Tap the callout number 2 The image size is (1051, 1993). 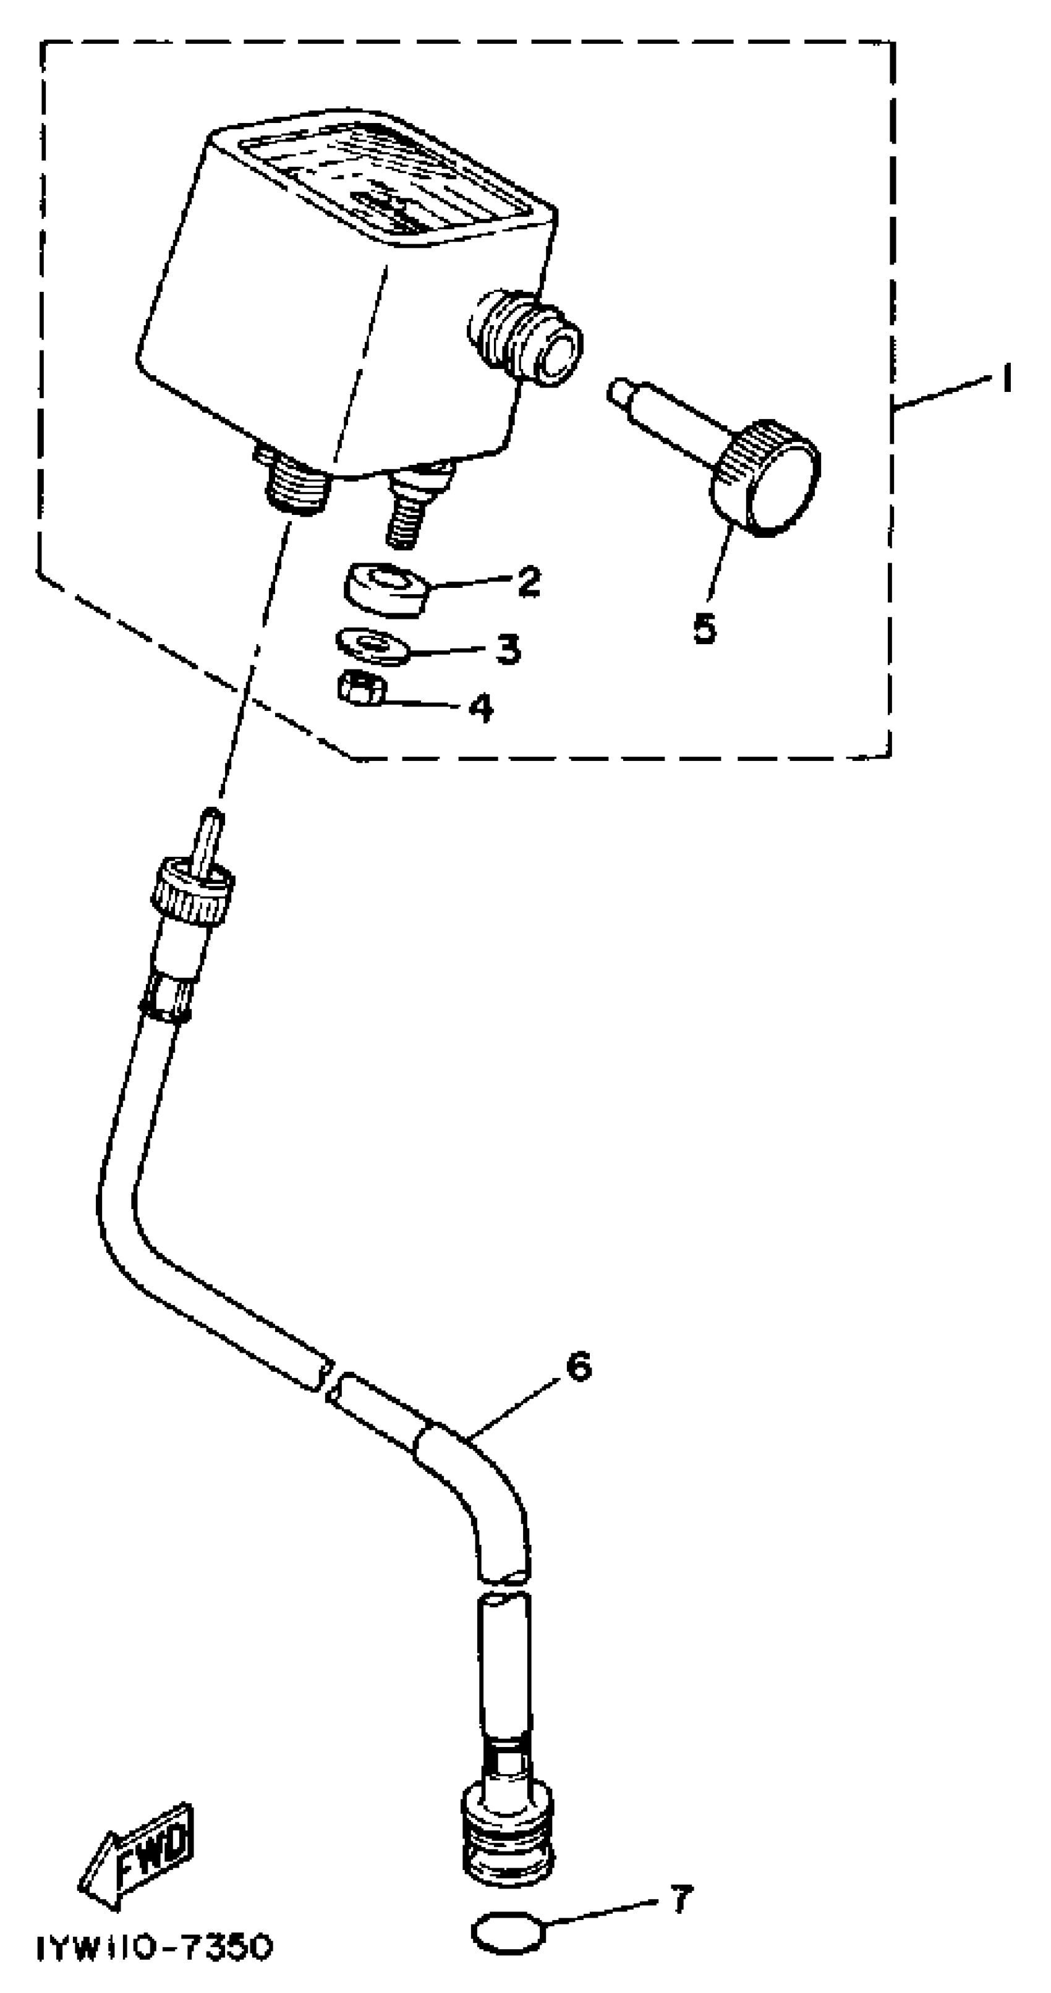529,580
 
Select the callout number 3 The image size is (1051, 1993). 508,648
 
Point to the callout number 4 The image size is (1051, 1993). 480,707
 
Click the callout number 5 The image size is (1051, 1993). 704,628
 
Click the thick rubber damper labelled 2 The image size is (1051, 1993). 384,588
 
